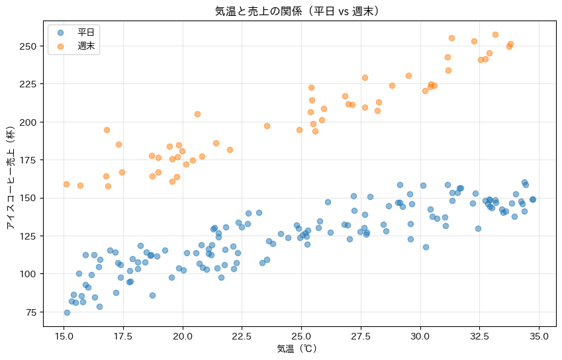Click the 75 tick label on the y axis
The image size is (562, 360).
pyautogui.click(x=30, y=312)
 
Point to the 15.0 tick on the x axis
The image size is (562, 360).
pyautogui.click(x=64, y=336)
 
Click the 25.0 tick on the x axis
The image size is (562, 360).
pyautogui.click(x=301, y=336)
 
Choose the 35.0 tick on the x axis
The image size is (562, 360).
pyautogui.click(x=539, y=336)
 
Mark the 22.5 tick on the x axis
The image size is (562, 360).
pyautogui.click(x=242, y=336)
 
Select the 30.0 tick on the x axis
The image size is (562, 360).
pyautogui.click(x=420, y=336)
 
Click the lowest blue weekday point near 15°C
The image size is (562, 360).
pyautogui.click(x=67, y=312)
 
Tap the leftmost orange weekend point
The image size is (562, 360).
pyautogui.click(x=66, y=184)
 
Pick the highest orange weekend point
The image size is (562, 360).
pyautogui.click(x=495, y=34)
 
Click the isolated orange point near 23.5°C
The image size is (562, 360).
pyautogui.click(x=267, y=126)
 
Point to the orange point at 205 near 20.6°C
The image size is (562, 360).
pyautogui.click(x=197, y=114)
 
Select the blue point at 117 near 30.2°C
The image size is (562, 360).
pyautogui.click(x=426, y=247)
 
